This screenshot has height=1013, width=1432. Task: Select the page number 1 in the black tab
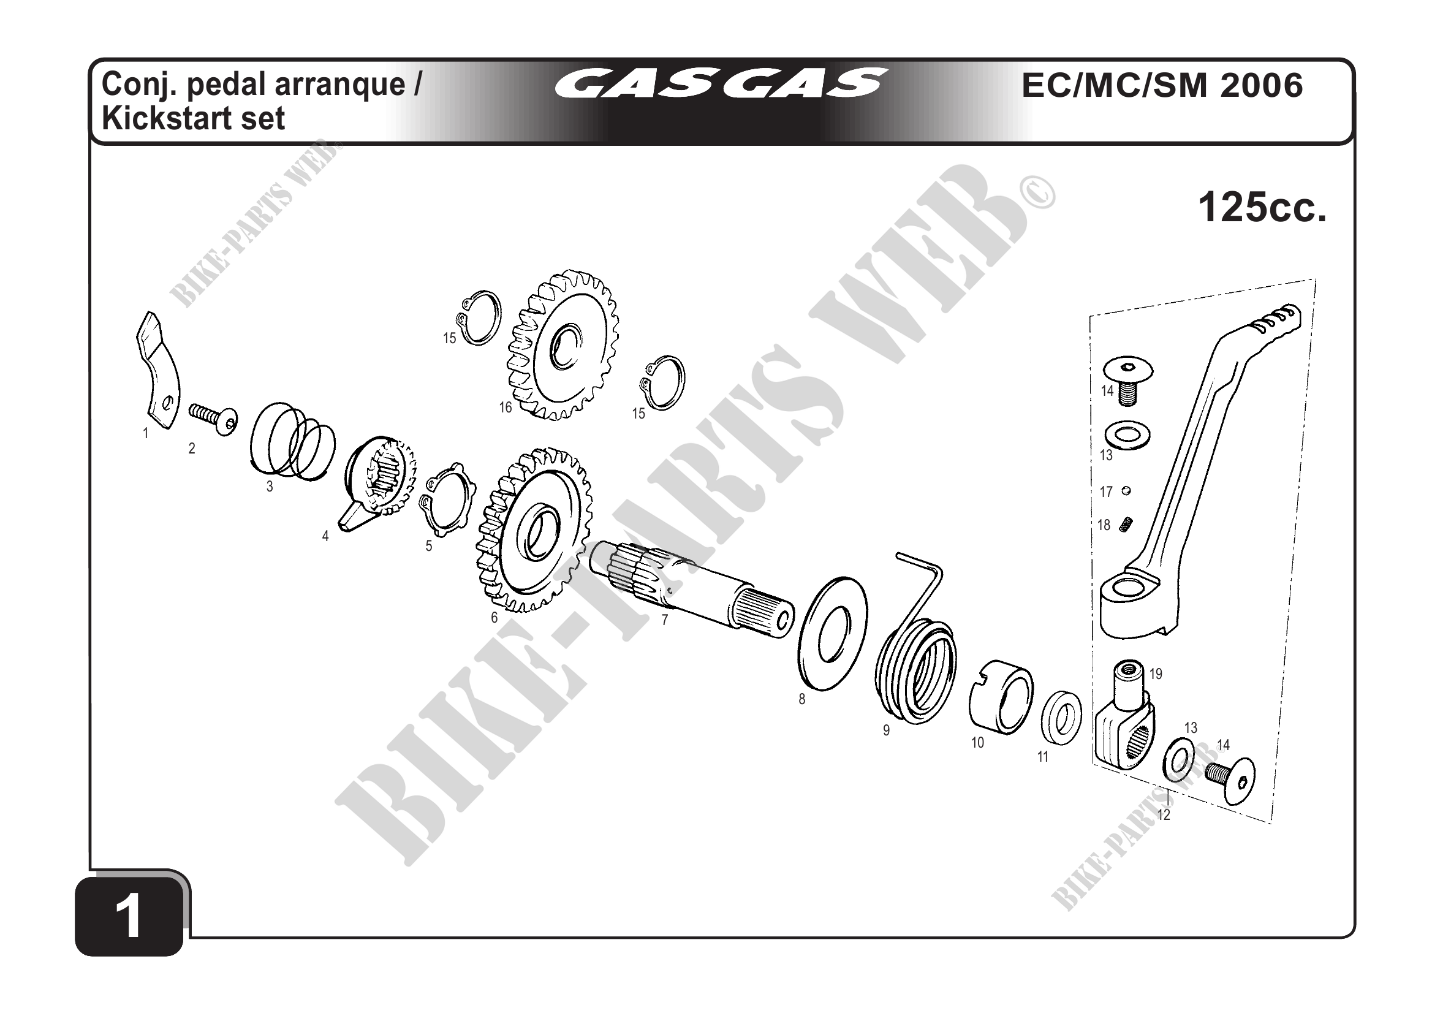[x=129, y=916]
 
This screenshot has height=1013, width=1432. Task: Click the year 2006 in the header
[x=1261, y=85]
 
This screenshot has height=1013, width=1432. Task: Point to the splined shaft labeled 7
[x=692, y=590]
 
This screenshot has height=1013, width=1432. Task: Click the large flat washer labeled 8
[x=832, y=633]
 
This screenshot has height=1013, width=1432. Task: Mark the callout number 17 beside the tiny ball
[x=1107, y=492]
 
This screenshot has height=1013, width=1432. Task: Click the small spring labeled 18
[x=1126, y=525]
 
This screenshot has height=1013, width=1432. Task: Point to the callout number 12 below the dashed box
[x=1163, y=814]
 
